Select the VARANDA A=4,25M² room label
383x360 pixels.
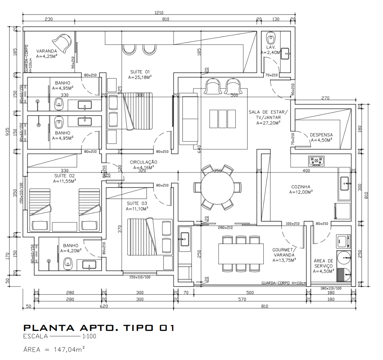click(47, 54)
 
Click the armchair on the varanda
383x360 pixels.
click(64, 43)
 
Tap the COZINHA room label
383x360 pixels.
click(300, 189)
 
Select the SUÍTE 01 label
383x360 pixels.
click(140, 74)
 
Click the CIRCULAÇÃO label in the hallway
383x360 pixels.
click(144, 165)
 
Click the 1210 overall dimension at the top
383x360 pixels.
click(159, 13)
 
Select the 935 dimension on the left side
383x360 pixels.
click(8, 133)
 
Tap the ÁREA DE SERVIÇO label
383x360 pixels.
click(323, 266)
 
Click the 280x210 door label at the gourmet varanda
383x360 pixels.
click(225, 228)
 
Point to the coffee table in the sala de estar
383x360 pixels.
click(223, 119)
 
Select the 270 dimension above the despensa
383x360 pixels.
click(325, 98)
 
